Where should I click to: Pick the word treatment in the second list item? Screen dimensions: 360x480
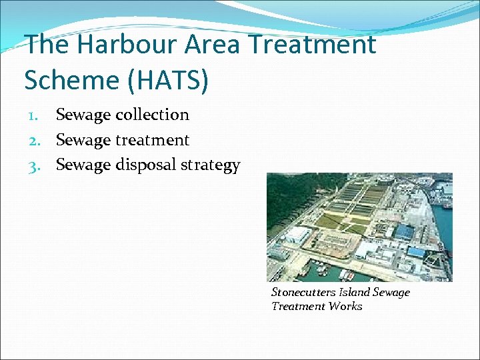[153, 140]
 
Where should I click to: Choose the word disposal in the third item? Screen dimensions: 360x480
[147, 165]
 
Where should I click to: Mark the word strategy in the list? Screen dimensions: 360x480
[211, 165]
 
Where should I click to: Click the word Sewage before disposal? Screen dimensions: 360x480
[83, 165]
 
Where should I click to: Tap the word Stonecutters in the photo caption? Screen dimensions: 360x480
[303, 292]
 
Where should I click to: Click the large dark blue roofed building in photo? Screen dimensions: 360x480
[405, 231]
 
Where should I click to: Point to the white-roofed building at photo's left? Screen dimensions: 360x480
[297, 234]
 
